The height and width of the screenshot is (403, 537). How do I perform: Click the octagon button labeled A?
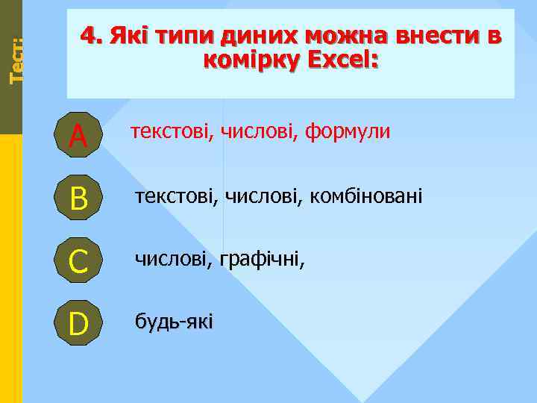(x=78, y=134)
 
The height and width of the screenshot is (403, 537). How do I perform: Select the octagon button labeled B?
(x=78, y=198)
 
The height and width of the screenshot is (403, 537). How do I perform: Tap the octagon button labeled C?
(x=78, y=260)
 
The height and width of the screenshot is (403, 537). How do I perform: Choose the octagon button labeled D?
(x=78, y=323)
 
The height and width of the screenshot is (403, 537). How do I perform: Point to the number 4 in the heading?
(x=87, y=36)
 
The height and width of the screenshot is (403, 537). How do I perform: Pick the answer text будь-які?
(x=173, y=322)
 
